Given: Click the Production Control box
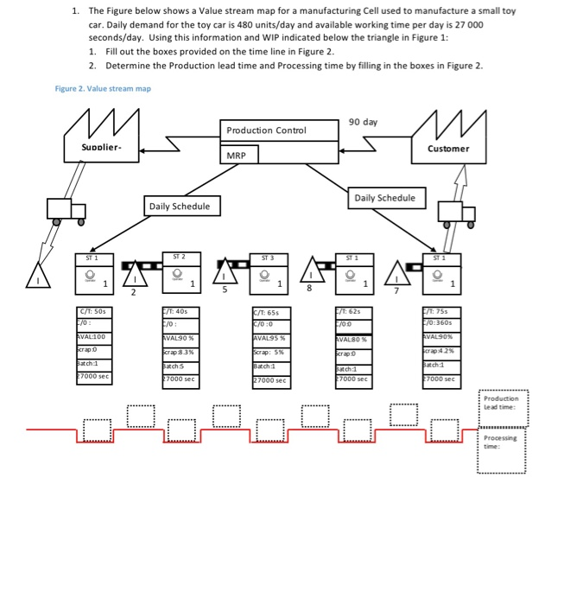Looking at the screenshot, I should (266, 130).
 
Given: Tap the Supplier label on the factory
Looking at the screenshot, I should (102, 149).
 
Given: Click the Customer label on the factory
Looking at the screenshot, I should (448, 149).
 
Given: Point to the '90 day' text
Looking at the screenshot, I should (363, 122).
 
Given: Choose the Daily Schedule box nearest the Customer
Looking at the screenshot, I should (384, 198).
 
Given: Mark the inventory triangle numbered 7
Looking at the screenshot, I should (396, 274).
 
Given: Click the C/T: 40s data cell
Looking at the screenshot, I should (180, 312).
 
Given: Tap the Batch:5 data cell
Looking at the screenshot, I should (180, 366).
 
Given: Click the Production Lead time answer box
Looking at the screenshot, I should (502, 403).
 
